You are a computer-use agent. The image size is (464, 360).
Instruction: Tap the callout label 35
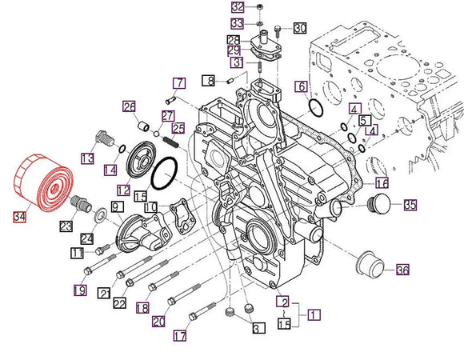(410, 206)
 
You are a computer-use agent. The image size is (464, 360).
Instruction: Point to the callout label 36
(402, 270)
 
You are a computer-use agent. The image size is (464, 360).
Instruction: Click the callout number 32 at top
(237, 7)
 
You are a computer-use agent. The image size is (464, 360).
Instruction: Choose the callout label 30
(299, 28)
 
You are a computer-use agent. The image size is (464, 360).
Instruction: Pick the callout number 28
(233, 40)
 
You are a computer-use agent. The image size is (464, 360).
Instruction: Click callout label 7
(179, 82)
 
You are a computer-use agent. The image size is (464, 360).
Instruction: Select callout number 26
(128, 106)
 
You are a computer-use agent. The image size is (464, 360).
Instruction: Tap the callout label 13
(87, 158)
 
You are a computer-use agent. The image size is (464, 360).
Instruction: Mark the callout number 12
(122, 190)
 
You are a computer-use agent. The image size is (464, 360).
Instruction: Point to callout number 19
(81, 290)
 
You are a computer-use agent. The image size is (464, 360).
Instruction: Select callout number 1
(314, 315)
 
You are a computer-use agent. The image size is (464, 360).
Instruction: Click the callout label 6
(302, 86)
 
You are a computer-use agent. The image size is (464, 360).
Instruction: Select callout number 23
(65, 226)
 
